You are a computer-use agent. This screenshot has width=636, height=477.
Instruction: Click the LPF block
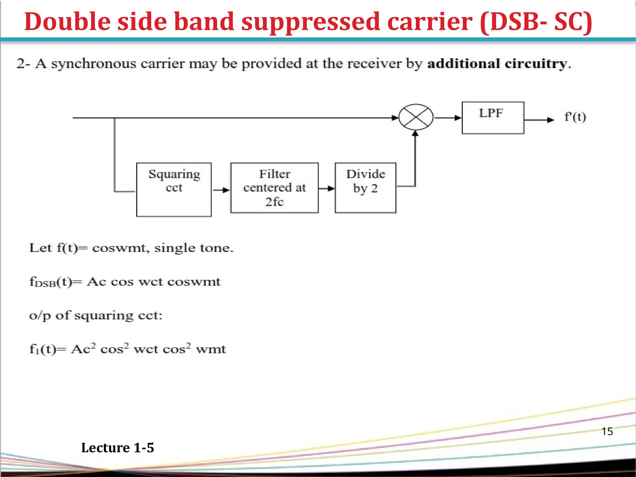click(493, 118)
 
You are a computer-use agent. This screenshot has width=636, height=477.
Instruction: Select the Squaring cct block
click(174, 189)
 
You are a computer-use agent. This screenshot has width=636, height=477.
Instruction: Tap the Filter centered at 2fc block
click(275, 188)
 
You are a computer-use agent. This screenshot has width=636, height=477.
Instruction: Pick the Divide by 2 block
click(366, 188)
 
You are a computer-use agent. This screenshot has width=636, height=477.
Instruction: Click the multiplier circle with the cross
click(416, 117)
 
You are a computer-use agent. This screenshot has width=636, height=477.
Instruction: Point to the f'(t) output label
click(575, 117)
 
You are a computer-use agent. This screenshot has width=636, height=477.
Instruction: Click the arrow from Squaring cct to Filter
click(221, 190)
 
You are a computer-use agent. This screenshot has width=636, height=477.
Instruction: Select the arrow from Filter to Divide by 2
click(326, 188)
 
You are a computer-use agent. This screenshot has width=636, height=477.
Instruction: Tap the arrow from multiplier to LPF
click(448, 118)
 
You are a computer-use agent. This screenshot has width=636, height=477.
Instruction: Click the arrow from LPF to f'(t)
click(539, 120)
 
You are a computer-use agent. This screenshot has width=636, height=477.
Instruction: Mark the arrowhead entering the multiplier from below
click(415, 134)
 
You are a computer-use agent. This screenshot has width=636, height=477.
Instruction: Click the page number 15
click(607, 431)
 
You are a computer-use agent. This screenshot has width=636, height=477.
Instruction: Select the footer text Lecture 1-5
click(117, 447)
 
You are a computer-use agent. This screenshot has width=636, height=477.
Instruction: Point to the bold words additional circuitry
click(497, 64)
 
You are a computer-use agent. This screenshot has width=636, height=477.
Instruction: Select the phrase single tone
click(193, 248)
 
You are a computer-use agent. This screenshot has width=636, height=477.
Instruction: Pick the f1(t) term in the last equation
click(43, 349)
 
